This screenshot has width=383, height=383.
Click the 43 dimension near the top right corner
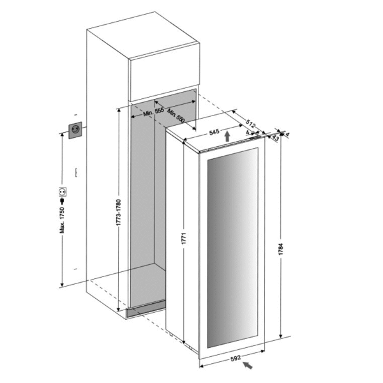click(x=276, y=136)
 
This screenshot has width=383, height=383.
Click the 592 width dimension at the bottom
click(x=236, y=358)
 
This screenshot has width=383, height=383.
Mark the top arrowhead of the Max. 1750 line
click(x=61, y=137)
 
